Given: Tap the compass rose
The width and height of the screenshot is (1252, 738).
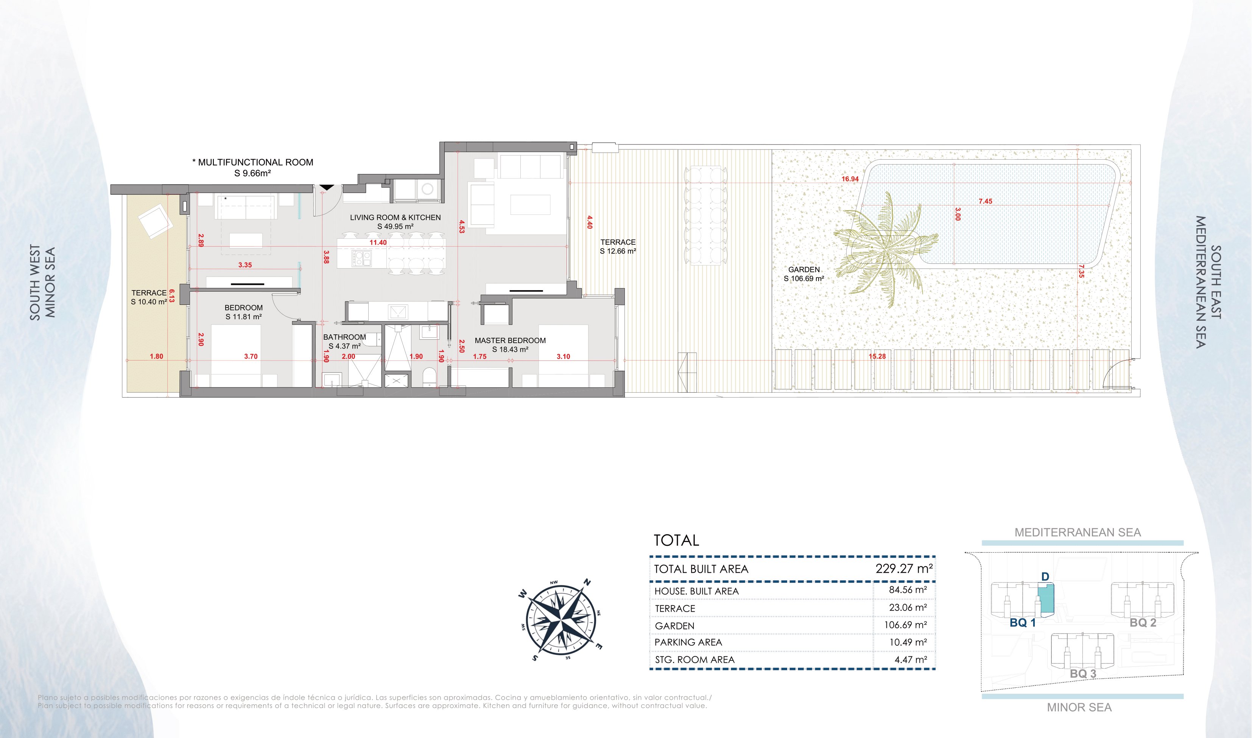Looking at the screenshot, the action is [561, 620].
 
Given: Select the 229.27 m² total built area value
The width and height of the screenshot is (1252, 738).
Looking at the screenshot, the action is [904, 569].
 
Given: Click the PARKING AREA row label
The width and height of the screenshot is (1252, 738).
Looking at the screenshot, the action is [688, 642].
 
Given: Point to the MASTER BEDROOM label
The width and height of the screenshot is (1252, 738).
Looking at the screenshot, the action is [510, 341].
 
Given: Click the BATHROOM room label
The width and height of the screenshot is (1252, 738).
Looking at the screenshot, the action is [344, 337].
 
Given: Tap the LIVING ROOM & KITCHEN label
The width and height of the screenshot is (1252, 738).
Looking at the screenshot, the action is [396, 218].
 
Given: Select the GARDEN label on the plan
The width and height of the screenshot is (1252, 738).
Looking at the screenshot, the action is [804, 270].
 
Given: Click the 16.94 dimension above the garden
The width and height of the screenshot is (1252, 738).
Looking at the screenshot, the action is [850, 179].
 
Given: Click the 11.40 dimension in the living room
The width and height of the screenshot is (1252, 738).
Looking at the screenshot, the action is [378, 243].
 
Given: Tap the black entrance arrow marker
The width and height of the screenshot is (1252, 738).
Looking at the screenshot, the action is [327, 187].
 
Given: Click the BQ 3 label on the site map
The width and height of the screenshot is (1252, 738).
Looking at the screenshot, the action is [1083, 674].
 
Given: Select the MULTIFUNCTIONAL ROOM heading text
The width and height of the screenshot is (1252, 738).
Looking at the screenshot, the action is [253, 162].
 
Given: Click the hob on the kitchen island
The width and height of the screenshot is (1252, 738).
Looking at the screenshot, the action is [361, 258].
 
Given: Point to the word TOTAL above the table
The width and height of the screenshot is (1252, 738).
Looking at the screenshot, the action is [676, 540].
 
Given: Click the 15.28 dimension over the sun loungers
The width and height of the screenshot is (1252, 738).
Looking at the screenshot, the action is [877, 357].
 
